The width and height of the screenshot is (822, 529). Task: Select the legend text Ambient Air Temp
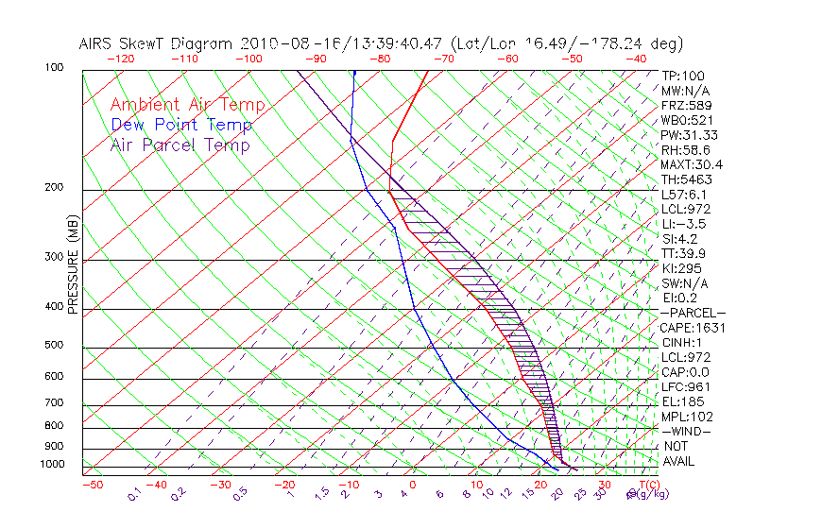(188, 105)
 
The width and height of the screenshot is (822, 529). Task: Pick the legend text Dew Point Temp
(181, 125)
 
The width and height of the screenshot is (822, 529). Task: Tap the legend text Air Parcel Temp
(180, 145)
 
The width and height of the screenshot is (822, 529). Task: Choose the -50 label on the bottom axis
(92, 485)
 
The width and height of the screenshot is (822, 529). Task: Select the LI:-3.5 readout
(683, 224)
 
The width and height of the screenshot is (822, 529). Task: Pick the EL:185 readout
(682, 401)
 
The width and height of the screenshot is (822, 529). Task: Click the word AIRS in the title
(99, 43)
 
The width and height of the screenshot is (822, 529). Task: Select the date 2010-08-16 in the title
(283, 43)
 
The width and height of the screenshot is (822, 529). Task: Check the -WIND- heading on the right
(687, 431)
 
